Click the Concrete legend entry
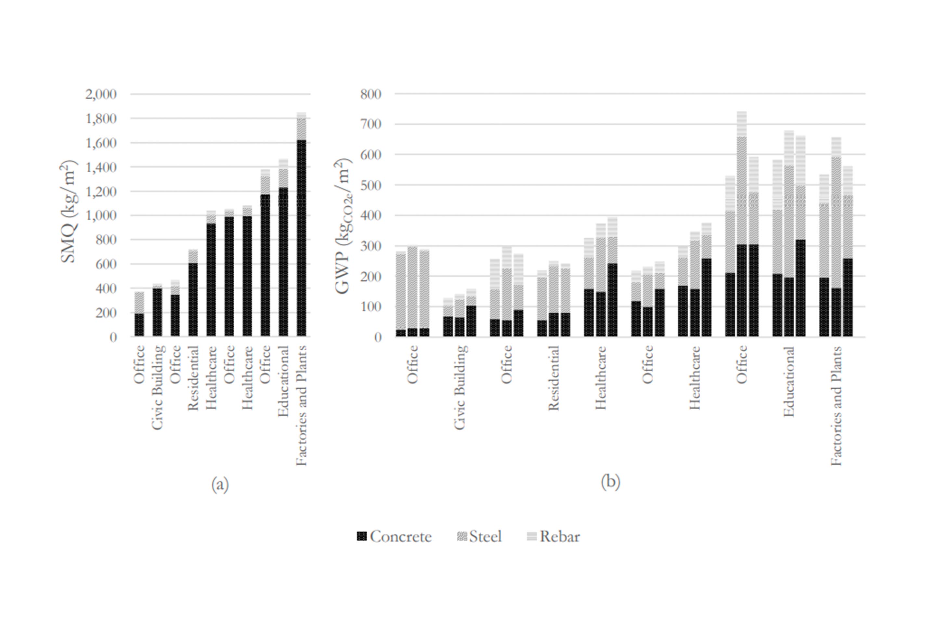[x=395, y=537]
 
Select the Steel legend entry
[x=480, y=537]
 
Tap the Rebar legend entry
[x=553, y=537]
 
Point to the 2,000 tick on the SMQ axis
[x=101, y=94]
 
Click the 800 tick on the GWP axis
[x=371, y=94]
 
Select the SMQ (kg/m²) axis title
[x=69, y=212]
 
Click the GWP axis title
[x=343, y=226]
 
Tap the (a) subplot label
[x=220, y=485]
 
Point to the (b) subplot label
[x=610, y=482]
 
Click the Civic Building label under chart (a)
[x=158, y=387]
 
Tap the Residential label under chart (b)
[x=553, y=378]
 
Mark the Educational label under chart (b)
[x=788, y=382]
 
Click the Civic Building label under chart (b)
[x=460, y=387]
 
